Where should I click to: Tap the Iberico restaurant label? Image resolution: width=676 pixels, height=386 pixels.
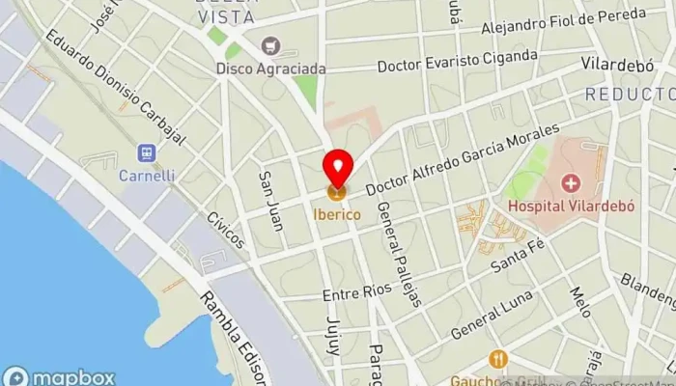pyautogui.click(x=337, y=212)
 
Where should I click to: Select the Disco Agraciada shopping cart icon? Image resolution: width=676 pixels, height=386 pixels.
pyautogui.click(x=269, y=45)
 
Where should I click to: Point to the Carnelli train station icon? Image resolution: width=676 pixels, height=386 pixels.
pyautogui.click(x=146, y=153)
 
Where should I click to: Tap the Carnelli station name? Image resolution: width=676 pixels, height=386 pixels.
pyautogui.click(x=146, y=176)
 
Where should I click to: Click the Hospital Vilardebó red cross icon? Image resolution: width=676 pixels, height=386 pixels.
pyautogui.click(x=571, y=182)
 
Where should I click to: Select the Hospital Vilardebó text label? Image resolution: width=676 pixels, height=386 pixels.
pyautogui.click(x=571, y=205)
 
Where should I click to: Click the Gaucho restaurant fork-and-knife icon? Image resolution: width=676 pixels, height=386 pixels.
pyautogui.click(x=498, y=359)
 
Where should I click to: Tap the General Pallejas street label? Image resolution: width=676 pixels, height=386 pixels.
pyautogui.click(x=399, y=255)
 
